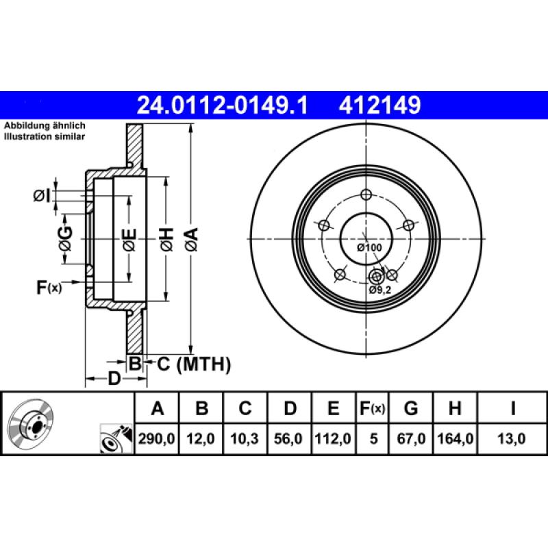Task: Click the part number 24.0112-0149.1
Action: pos(223,105)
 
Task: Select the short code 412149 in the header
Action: pos(376,105)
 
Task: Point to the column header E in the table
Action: pos(333,409)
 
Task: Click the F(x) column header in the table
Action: pos(373,409)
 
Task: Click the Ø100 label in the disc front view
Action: pos(369,247)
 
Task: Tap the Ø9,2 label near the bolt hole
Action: pos(379,290)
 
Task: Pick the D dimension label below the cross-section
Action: pos(114,378)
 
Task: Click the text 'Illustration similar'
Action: pos(45,137)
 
